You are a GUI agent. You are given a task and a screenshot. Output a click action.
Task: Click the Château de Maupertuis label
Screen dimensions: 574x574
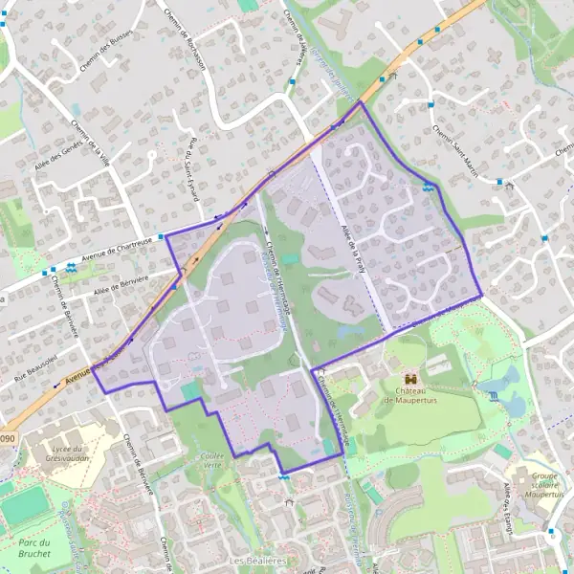coord(412,394)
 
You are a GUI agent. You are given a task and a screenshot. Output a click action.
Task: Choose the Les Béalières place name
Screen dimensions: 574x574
coord(258,559)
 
